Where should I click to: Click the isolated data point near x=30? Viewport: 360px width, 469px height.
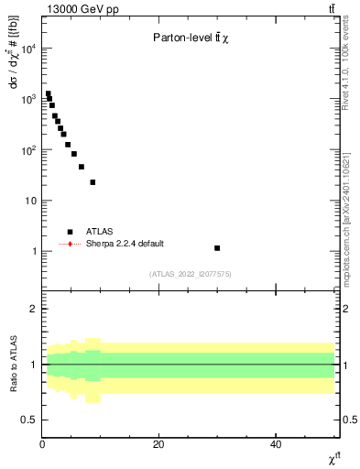click(217, 248)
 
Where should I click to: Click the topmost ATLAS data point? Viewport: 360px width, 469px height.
click(48, 93)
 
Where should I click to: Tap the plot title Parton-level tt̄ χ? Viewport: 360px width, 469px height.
click(191, 38)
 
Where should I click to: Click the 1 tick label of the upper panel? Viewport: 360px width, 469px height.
click(35, 251)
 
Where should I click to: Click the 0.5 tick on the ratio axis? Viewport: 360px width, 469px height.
click(31, 420)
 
